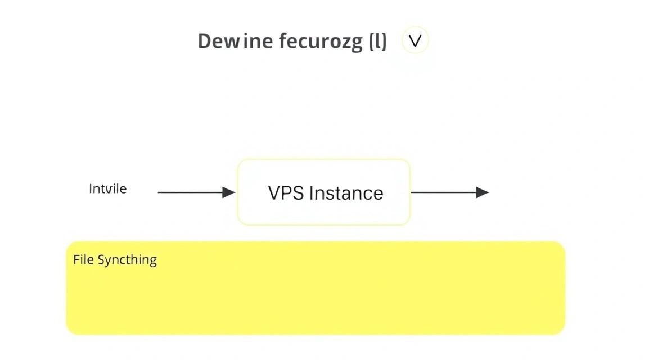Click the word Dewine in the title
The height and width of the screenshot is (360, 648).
click(235, 41)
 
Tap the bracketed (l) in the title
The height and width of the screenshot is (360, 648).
click(378, 42)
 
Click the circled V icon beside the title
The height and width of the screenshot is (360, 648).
click(415, 40)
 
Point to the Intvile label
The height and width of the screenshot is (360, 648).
click(108, 188)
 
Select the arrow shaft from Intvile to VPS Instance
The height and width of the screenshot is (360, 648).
click(190, 192)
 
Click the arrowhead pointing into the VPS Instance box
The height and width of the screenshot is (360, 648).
click(229, 192)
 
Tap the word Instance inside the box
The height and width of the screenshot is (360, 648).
click(346, 193)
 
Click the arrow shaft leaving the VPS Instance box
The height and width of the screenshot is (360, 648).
click(443, 192)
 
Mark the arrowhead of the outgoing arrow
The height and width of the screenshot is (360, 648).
click(483, 192)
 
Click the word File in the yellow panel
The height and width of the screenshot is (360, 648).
click(83, 259)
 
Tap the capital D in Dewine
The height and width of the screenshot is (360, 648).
click(205, 41)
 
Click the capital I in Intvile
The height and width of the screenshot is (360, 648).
click(91, 189)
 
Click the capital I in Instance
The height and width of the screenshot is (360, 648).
click(311, 193)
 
